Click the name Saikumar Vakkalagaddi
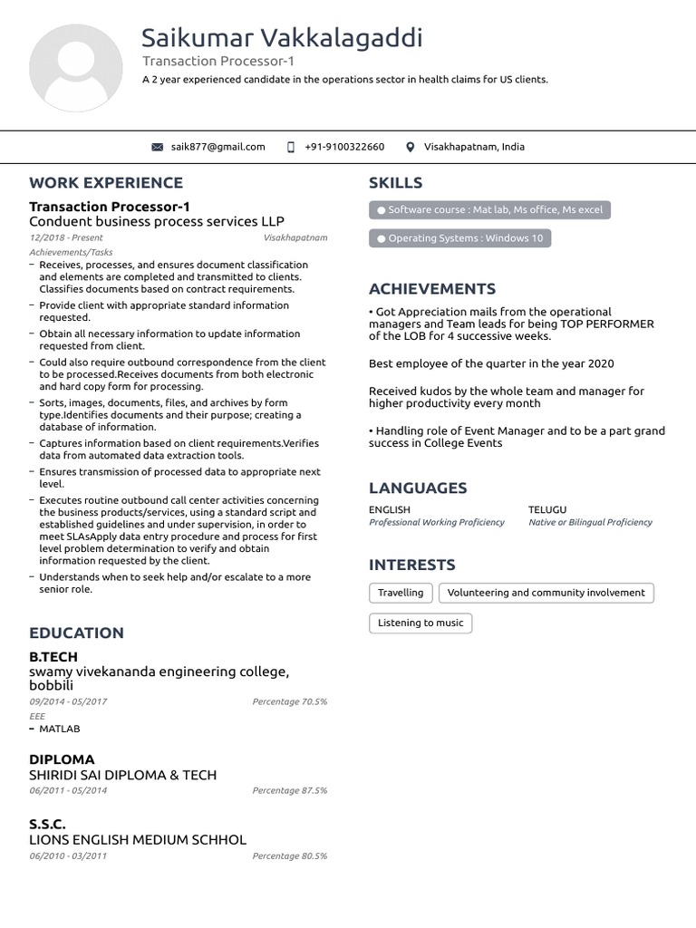click(282, 38)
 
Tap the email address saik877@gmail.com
click(217, 147)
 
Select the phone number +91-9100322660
click(344, 147)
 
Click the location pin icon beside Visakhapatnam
click(410, 147)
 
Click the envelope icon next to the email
click(158, 147)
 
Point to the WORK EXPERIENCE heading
click(106, 183)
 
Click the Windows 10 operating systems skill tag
click(459, 238)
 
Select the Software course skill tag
click(489, 210)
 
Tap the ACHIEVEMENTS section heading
click(432, 289)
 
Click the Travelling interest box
click(401, 593)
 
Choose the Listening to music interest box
click(420, 623)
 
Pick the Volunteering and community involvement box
click(546, 593)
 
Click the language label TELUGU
click(547, 510)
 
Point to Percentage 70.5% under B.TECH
click(290, 701)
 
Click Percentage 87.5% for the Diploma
click(290, 790)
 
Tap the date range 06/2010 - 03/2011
click(68, 855)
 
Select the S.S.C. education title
click(47, 824)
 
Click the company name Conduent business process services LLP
click(157, 222)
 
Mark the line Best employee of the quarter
click(491, 363)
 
